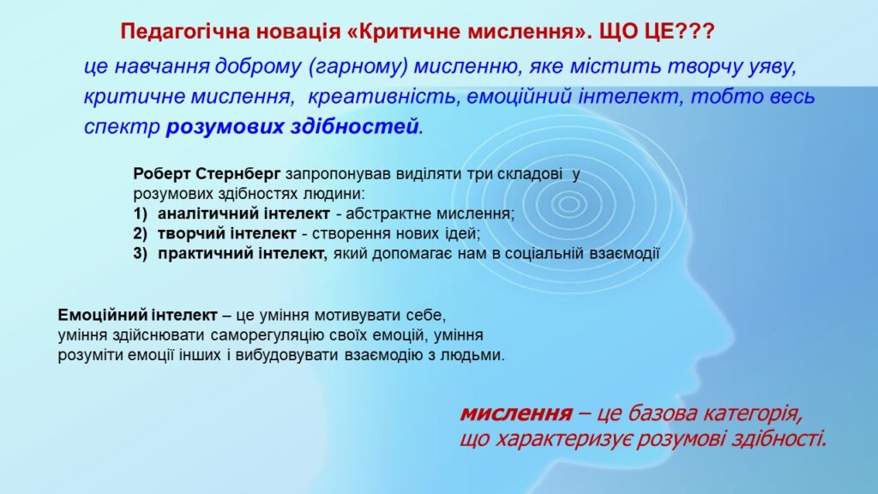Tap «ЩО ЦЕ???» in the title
click(x=657, y=32)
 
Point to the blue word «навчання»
click(x=162, y=67)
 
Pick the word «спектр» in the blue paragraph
click(x=122, y=127)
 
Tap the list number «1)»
click(x=141, y=214)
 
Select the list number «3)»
click(x=141, y=254)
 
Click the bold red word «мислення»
click(x=516, y=414)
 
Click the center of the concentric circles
click(x=569, y=203)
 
